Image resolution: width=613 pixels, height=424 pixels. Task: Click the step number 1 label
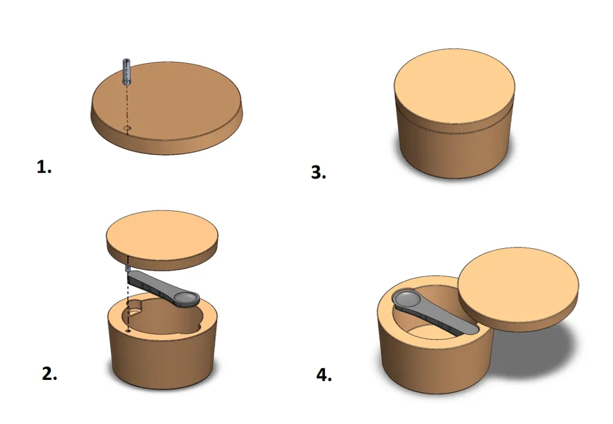pos(44,167)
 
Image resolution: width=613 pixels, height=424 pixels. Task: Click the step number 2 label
pos(49,374)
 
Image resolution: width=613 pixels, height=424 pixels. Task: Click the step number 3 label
pos(318,172)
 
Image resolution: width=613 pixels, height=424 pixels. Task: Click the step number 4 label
pos(324,375)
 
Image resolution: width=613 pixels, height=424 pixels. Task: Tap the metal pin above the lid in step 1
pos(127,72)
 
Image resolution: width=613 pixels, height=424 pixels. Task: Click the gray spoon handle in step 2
pos(151,283)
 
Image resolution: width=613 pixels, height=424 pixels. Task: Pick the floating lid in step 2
pos(162,240)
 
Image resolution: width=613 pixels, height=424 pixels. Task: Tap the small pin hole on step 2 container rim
pos(128,331)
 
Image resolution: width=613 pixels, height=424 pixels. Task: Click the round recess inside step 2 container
pos(135,307)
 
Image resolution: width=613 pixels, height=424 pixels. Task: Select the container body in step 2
pos(162,344)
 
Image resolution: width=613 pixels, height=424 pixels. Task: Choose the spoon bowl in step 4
pos(406,300)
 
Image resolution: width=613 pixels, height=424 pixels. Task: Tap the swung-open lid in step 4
pos(517,289)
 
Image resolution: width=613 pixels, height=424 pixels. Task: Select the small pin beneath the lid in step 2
pos(127,268)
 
